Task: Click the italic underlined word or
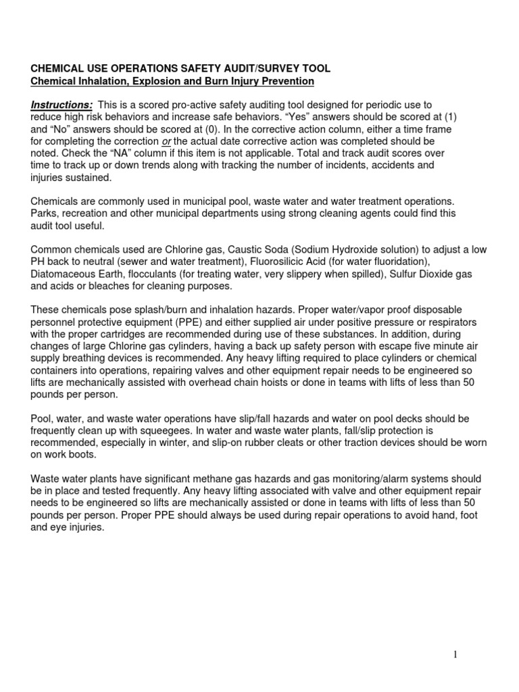click(166, 141)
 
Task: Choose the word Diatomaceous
click(64, 274)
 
